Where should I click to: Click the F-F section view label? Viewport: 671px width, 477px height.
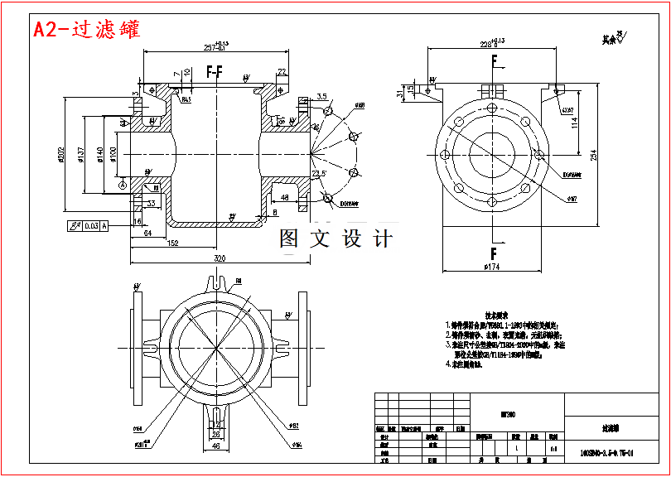[x=215, y=74]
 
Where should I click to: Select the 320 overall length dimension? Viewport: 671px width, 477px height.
[x=220, y=258]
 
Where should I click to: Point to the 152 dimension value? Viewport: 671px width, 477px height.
[x=173, y=243]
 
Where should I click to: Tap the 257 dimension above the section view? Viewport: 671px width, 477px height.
[x=215, y=46]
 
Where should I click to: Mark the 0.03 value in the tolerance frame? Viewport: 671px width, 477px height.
[x=91, y=224]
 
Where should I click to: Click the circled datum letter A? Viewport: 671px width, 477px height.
[x=123, y=186]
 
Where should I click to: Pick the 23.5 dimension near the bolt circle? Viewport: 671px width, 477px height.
[x=318, y=174]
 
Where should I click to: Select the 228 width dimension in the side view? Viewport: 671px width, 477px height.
[x=492, y=44]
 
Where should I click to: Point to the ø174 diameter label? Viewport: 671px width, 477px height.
[x=492, y=267]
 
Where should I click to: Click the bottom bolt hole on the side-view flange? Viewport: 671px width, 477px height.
[x=492, y=201]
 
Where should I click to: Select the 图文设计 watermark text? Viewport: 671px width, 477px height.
[x=335, y=239]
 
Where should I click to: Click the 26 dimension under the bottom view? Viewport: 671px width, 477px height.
[x=215, y=433]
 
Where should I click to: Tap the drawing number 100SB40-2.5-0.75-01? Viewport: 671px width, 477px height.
[x=607, y=454]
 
